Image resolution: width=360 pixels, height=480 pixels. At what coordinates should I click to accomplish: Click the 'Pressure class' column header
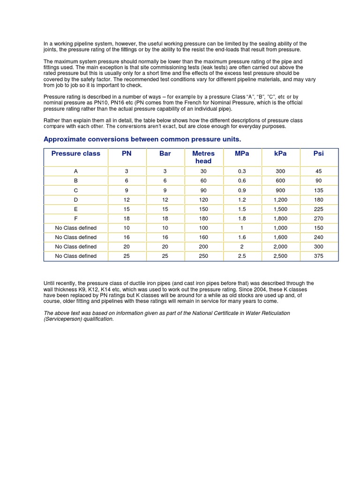75,153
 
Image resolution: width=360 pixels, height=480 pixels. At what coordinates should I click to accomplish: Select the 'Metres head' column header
203,157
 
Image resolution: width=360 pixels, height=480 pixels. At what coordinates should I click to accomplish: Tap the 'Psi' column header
319,153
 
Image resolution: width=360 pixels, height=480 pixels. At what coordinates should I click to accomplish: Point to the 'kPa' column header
280,153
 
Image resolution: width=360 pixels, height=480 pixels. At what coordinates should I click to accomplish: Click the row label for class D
75,200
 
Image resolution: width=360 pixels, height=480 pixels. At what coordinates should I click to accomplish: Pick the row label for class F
75,218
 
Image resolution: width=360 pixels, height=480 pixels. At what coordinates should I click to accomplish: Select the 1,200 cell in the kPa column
280,200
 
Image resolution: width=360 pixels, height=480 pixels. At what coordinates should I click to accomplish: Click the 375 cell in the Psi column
319,256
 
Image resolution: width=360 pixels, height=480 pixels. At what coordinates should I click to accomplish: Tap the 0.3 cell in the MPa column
242,172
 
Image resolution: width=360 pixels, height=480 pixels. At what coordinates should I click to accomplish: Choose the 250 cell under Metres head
203,256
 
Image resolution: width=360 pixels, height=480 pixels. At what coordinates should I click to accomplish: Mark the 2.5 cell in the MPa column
242,256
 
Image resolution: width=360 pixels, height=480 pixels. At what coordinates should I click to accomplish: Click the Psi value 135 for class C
319,190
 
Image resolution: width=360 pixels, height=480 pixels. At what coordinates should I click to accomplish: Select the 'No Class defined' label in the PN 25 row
75,256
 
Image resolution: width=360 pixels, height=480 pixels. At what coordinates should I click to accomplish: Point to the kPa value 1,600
280,237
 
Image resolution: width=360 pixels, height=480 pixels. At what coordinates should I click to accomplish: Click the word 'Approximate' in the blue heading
64,139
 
